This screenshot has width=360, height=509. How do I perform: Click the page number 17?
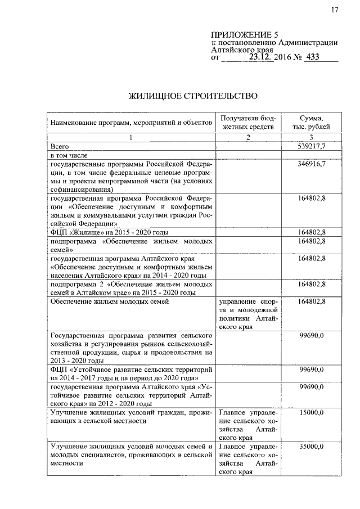click(x=335, y=10)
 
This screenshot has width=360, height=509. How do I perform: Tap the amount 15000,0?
click(x=310, y=413)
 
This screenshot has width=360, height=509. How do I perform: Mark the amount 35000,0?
click(x=310, y=447)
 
